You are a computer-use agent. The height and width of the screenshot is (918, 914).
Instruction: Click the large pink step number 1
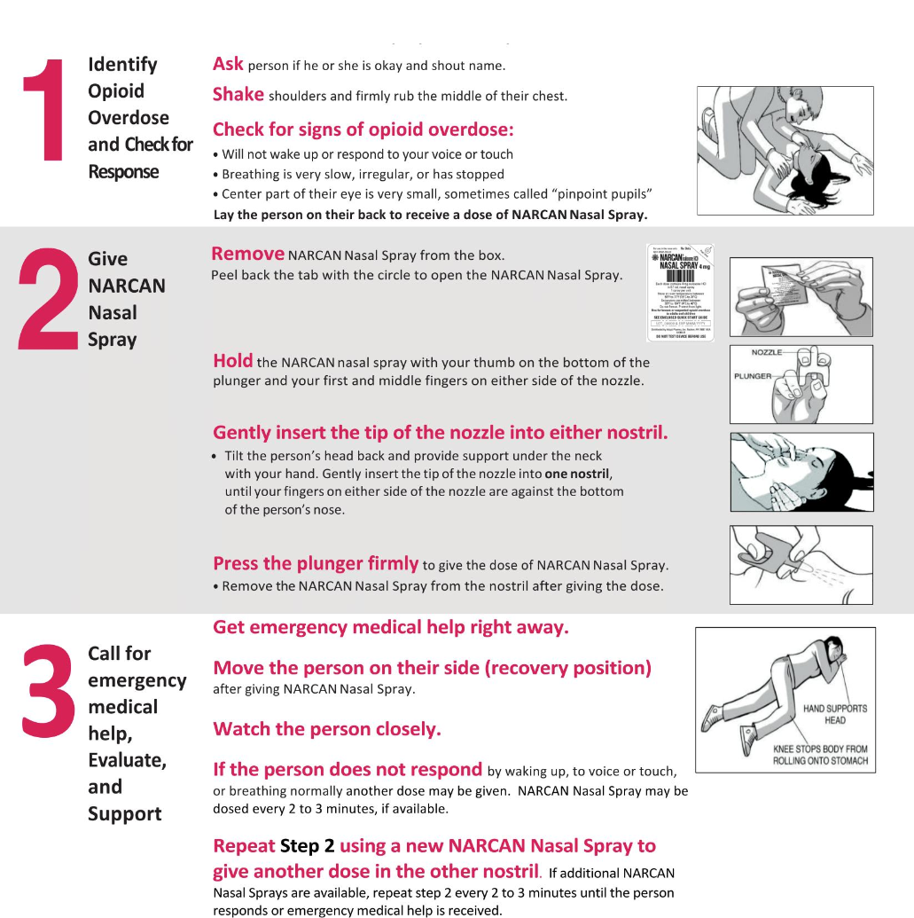[45, 113]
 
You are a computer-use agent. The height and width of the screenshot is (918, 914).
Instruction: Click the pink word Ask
[228, 64]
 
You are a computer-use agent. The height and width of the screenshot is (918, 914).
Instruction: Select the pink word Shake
[238, 94]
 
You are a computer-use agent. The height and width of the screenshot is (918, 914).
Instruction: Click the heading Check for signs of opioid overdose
[363, 129]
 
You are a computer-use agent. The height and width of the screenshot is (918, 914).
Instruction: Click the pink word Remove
[247, 254]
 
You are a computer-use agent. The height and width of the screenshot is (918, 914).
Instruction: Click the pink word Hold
[232, 361]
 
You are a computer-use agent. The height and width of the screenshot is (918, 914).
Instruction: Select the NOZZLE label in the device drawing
[767, 353]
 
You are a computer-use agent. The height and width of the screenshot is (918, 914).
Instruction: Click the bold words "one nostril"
[577, 474]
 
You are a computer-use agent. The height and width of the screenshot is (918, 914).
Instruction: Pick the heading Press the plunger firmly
[315, 563]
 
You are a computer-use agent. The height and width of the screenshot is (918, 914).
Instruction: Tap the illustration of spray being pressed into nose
[801, 564]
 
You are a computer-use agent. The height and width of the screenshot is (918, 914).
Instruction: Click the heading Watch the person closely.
[326, 729]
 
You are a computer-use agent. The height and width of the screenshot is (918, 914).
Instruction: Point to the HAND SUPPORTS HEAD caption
[834, 714]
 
